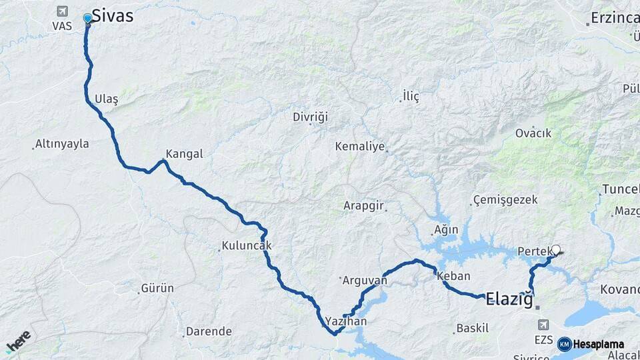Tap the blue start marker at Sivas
(x=87, y=18)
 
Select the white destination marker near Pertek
(x=556, y=250)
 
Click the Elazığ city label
(x=510, y=299)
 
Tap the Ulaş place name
(x=106, y=99)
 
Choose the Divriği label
(x=311, y=117)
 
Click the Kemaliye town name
(x=360, y=147)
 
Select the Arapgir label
(x=364, y=206)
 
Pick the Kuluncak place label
(x=247, y=246)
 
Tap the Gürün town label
(x=157, y=289)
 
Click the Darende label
(x=209, y=331)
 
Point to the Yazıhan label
(x=347, y=321)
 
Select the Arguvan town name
(x=364, y=281)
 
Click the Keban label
(x=455, y=276)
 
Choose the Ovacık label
(x=533, y=133)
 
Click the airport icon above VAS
(x=62, y=11)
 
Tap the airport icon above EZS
(x=543, y=325)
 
